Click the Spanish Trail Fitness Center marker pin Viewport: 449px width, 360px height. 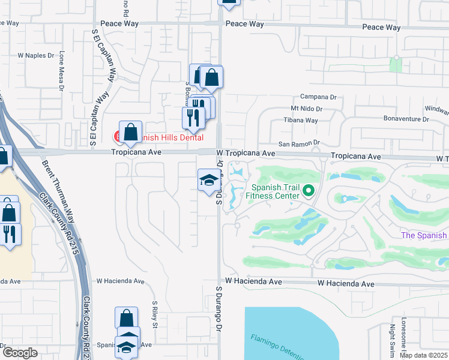tap(309, 191)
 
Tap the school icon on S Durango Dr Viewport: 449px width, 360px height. tap(208, 180)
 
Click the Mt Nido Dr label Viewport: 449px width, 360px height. tap(306, 109)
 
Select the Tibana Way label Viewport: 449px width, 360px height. tap(304, 121)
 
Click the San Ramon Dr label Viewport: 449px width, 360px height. tap(297, 145)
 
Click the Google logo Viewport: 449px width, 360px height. tap(20, 353)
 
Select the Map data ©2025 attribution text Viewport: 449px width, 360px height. tap(423, 355)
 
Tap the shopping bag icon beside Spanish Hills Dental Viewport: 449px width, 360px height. tap(130, 133)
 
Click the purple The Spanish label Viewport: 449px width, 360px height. tap(424, 235)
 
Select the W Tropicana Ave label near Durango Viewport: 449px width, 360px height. tap(246, 154)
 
